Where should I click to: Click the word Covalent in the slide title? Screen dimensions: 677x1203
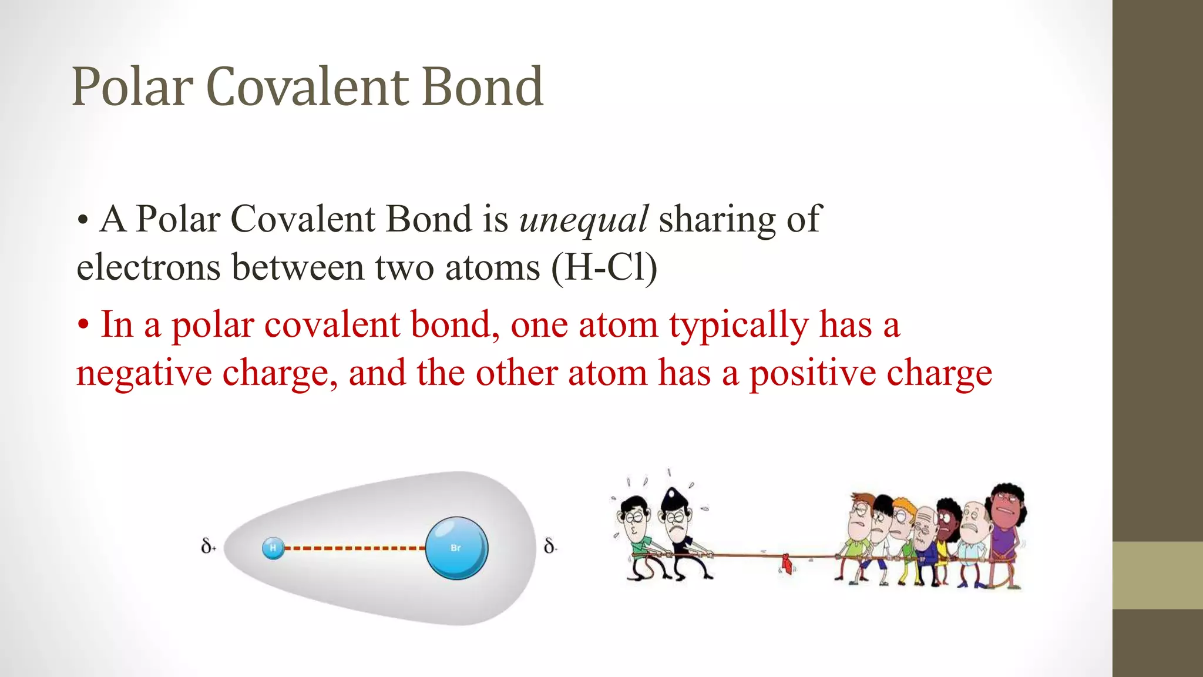coord(308,87)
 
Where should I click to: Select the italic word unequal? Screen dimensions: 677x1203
coord(584,219)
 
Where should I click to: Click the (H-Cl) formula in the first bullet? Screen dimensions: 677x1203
coord(604,268)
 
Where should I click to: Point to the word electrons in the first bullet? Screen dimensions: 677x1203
coord(148,268)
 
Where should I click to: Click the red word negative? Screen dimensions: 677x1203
coord(144,374)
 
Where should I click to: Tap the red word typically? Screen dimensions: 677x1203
coord(738,326)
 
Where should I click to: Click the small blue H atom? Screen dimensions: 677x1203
coord(273,548)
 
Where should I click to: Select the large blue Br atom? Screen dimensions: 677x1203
coord(456,548)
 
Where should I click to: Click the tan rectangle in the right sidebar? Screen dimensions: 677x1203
coord(1157,575)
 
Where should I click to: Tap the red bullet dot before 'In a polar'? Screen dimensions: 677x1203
coord(83,326)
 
